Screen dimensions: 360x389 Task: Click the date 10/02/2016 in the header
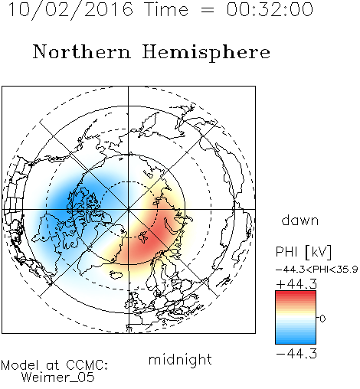pyautogui.click(x=70, y=9)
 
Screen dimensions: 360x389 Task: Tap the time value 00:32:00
pyautogui.click(x=270, y=9)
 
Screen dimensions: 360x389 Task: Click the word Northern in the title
pyautogui.click(x=82, y=52)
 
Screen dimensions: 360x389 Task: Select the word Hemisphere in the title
pyautogui.click(x=206, y=53)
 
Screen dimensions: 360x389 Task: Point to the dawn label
pyautogui.click(x=299, y=220)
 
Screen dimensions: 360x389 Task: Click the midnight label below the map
pyautogui.click(x=180, y=360)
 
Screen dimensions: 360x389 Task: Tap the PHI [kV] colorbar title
pyautogui.click(x=303, y=252)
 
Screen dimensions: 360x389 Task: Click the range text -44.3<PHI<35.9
pyautogui.click(x=317, y=270)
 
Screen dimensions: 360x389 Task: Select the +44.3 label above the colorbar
pyautogui.click(x=296, y=284)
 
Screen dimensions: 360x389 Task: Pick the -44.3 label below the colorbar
pyautogui.click(x=296, y=354)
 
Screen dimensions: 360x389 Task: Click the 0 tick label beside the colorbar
pyautogui.click(x=322, y=319)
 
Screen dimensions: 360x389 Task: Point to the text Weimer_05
pyautogui.click(x=58, y=378)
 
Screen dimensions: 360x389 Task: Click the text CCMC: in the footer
pyautogui.click(x=87, y=365)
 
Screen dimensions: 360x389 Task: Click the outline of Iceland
pyautogui.click(x=116, y=275)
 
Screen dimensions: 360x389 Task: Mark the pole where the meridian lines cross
pyautogui.click(x=129, y=209)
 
